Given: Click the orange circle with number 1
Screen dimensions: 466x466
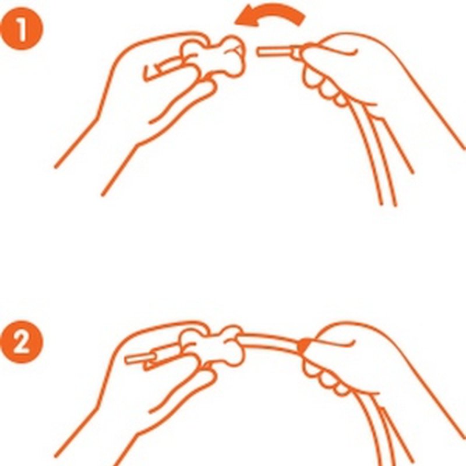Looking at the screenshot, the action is click(x=22, y=29).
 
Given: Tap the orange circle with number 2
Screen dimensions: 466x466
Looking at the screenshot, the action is click(x=22, y=342).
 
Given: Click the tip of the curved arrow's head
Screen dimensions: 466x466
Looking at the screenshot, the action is click(x=235, y=23).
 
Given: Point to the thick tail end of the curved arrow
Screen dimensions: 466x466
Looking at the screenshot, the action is click(x=300, y=19).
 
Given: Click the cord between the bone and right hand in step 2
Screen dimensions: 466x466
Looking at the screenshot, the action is click(x=272, y=340).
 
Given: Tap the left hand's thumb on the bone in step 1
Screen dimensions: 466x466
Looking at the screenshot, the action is click(x=196, y=45).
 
